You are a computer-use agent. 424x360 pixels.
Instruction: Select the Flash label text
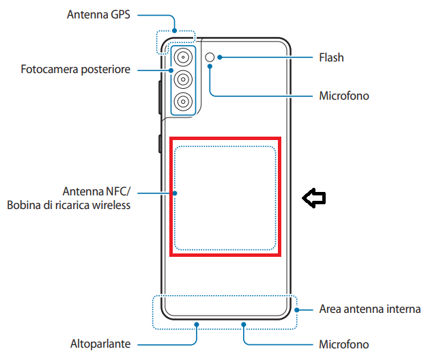coord(331,58)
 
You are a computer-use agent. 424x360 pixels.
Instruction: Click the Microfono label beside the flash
coord(344,96)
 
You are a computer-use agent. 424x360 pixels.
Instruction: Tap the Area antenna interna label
coord(369,309)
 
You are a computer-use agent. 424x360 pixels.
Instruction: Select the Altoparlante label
coord(100,344)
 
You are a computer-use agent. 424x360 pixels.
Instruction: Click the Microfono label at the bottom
coord(344,344)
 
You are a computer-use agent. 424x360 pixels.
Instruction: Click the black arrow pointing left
coord(315,198)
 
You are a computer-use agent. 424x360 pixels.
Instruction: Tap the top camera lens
coord(183,57)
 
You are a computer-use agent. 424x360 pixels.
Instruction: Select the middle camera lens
coord(183,79)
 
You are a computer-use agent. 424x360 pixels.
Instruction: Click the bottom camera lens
coord(183,102)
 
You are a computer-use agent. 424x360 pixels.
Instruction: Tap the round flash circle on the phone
coord(210,57)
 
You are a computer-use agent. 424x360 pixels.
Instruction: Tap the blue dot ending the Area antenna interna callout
coord(298,309)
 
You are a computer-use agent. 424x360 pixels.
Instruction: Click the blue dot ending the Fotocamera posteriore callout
coord(171,70)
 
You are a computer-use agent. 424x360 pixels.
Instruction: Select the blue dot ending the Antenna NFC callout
coord(175,193)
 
